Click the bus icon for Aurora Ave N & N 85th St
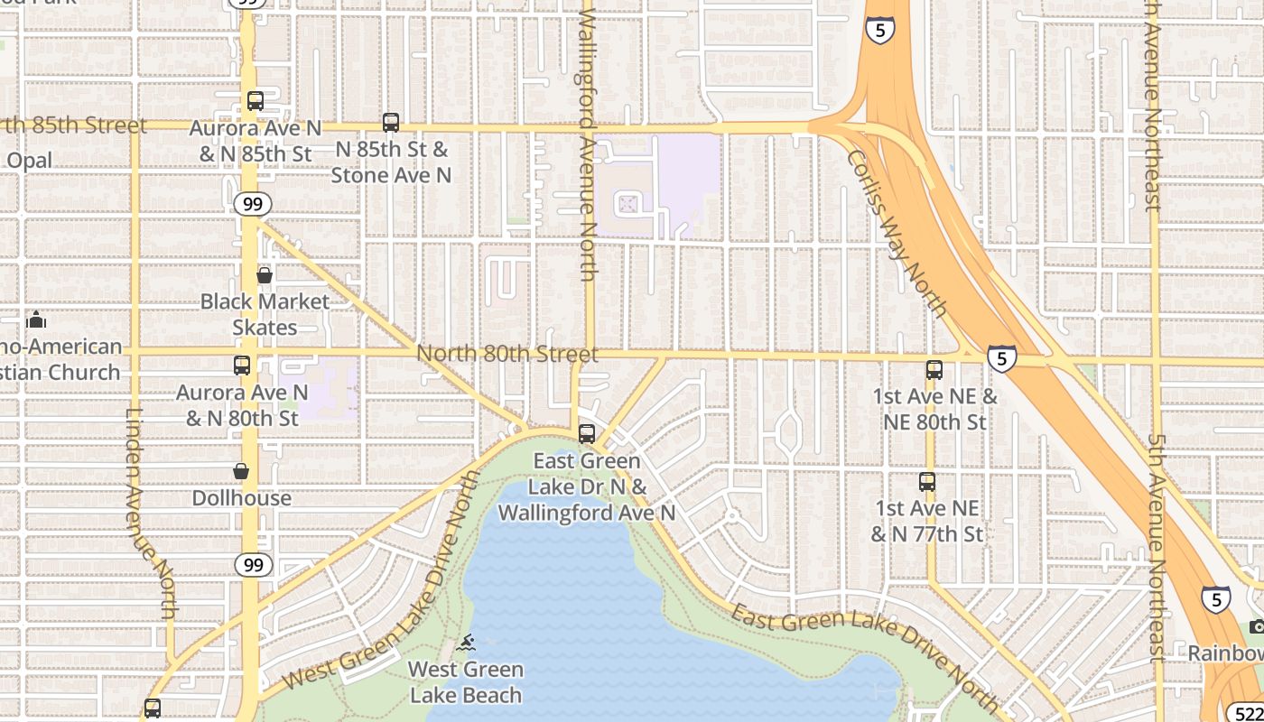256,101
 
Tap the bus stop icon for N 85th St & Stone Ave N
391,123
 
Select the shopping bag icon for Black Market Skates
265,275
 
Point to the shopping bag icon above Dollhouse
241,471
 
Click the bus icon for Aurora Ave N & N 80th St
242,366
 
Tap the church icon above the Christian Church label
36,319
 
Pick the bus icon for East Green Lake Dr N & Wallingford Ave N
587,434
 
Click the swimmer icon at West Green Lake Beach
466,643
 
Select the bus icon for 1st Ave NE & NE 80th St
934,370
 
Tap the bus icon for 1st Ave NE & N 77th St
927,482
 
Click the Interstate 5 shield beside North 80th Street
1000,358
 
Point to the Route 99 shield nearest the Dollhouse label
253,566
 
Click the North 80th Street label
507,354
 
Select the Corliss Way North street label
897,234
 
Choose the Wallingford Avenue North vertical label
588,144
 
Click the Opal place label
29,161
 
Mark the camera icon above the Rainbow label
1256,627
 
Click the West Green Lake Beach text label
466,682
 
